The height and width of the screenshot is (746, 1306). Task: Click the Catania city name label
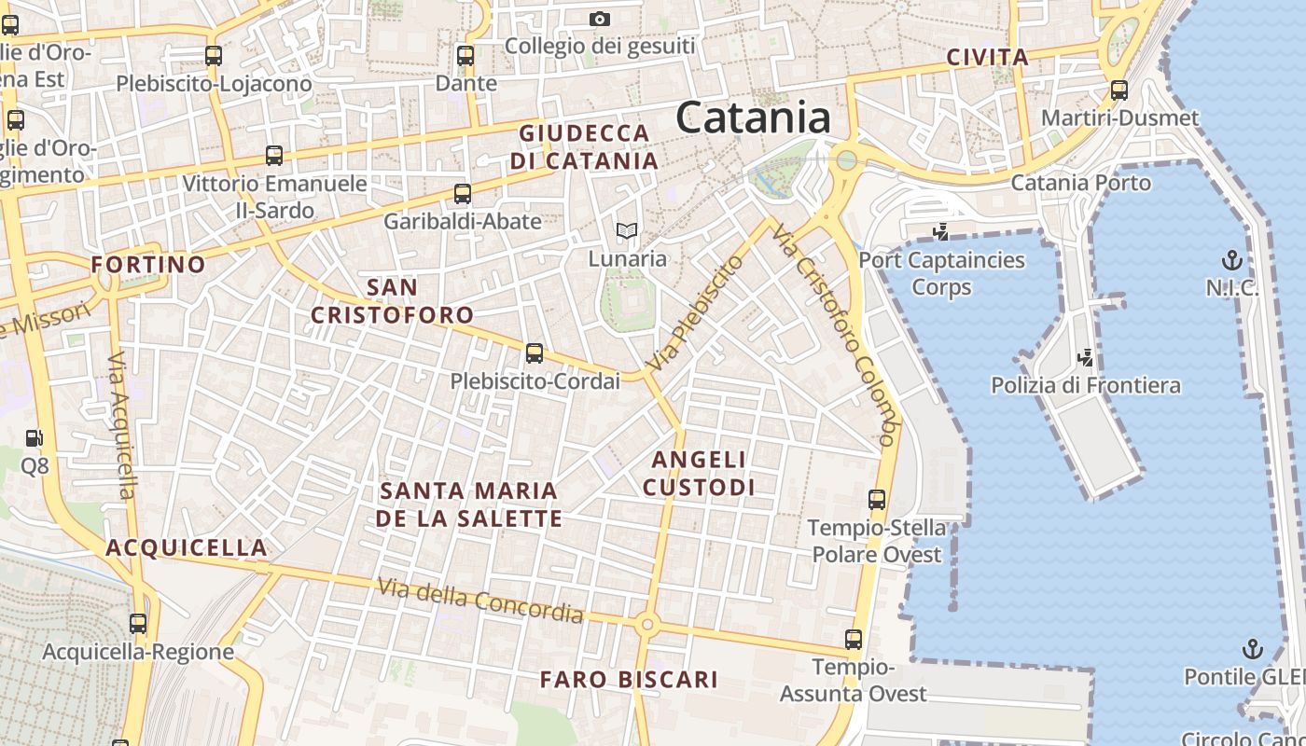tap(753, 118)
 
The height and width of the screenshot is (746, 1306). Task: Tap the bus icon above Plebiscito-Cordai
tap(535, 353)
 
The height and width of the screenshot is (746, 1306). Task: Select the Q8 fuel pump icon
tap(34, 437)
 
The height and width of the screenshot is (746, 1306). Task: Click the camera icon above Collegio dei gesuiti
tap(600, 19)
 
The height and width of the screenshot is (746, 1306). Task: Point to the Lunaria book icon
tap(627, 230)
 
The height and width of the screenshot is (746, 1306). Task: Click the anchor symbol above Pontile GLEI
tap(1252, 648)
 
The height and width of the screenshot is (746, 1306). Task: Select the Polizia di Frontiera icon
tap(1085, 356)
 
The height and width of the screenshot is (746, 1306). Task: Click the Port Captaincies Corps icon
tap(940, 231)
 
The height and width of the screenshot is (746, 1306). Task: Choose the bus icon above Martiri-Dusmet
tap(1119, 90)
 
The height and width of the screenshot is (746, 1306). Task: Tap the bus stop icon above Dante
tap(465, 55)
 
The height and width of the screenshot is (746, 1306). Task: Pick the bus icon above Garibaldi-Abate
tap(462, 194)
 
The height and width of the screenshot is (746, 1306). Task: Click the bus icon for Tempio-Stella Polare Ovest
tap(877, 499)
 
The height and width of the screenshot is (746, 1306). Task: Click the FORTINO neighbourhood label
tap(148, 264)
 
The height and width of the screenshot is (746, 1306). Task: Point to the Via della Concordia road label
tap(480, 601)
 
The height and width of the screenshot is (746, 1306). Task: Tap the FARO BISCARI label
tap(629, 679)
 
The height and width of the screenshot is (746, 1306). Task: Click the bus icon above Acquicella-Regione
tap(138, 624)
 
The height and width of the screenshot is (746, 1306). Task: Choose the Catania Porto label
tap(1081, 182)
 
